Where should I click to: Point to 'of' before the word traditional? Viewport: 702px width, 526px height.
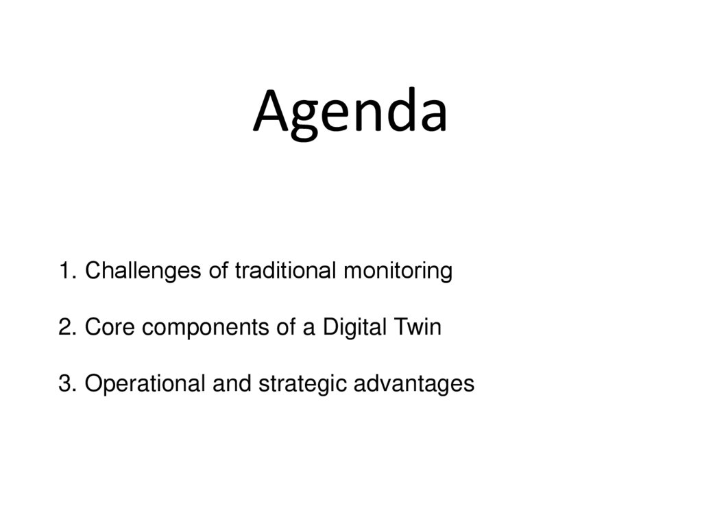point(219,272)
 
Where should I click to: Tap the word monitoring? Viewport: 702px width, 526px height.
point(398,272)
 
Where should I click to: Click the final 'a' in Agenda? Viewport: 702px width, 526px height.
point(431,117)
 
